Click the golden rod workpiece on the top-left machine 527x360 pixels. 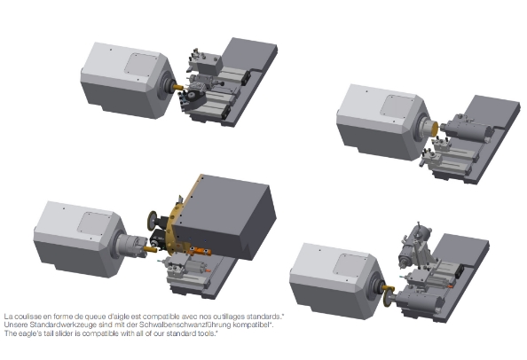pyautogui.click(x=177, y=87)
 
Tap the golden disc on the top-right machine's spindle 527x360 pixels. pyautogui.click(x=434, y=129)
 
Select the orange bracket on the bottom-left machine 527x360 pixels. pyautogui.click(x=199, y=251)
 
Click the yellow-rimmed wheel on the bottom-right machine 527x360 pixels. pyautogui.click(x=389, y=295)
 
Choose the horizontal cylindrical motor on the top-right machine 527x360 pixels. pyautogui.click(x=466, y=128)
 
